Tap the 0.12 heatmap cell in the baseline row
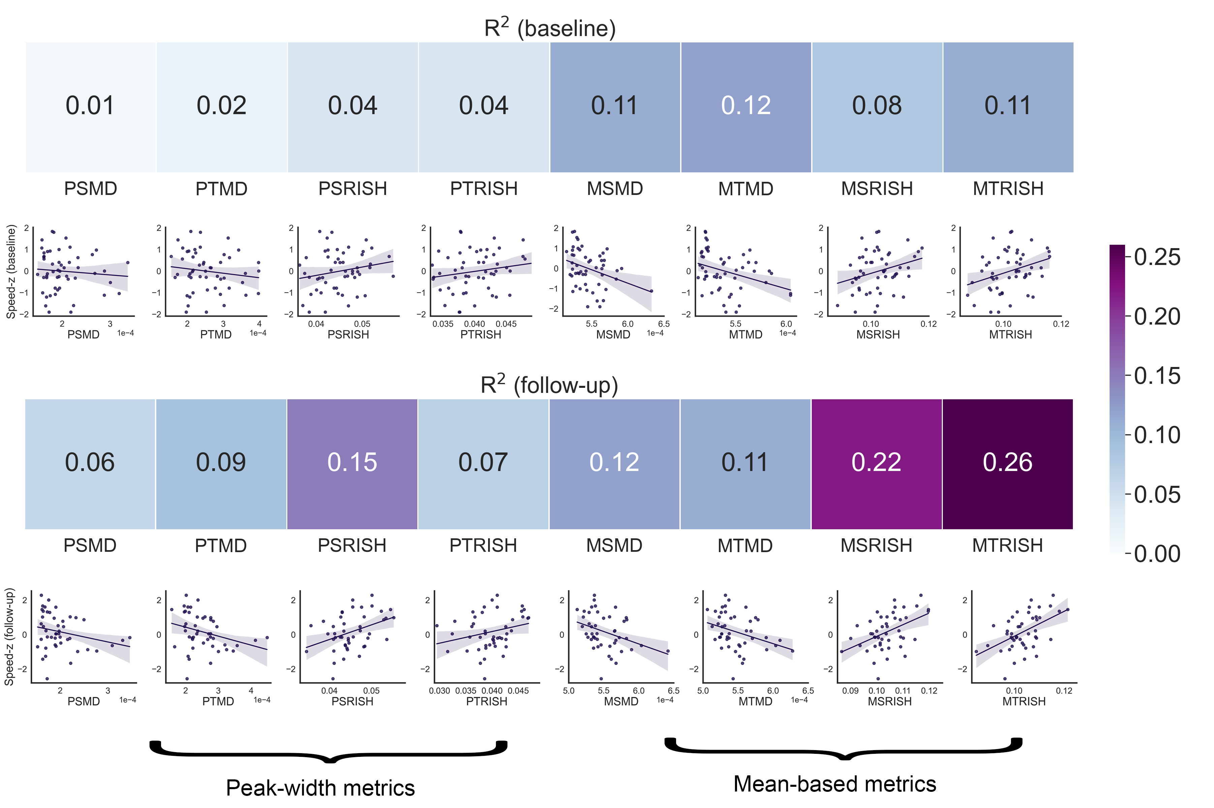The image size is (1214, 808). (745, 107)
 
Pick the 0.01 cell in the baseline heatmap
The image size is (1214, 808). (90, 107)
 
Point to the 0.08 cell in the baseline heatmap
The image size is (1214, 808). (876, 107)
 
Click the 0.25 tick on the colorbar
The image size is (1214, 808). (1157, 257)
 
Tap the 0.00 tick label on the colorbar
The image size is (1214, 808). (1157, 554)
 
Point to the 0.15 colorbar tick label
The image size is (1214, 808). (1157, 376)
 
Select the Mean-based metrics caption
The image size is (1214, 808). (834, 784)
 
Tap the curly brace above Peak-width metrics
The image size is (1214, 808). (328, 752)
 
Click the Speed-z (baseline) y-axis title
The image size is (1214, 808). (11, 272)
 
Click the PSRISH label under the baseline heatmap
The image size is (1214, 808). (353, 189)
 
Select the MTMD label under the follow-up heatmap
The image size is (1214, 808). (745, 545)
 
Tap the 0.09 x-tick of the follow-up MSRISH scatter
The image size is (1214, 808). (850, 691)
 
